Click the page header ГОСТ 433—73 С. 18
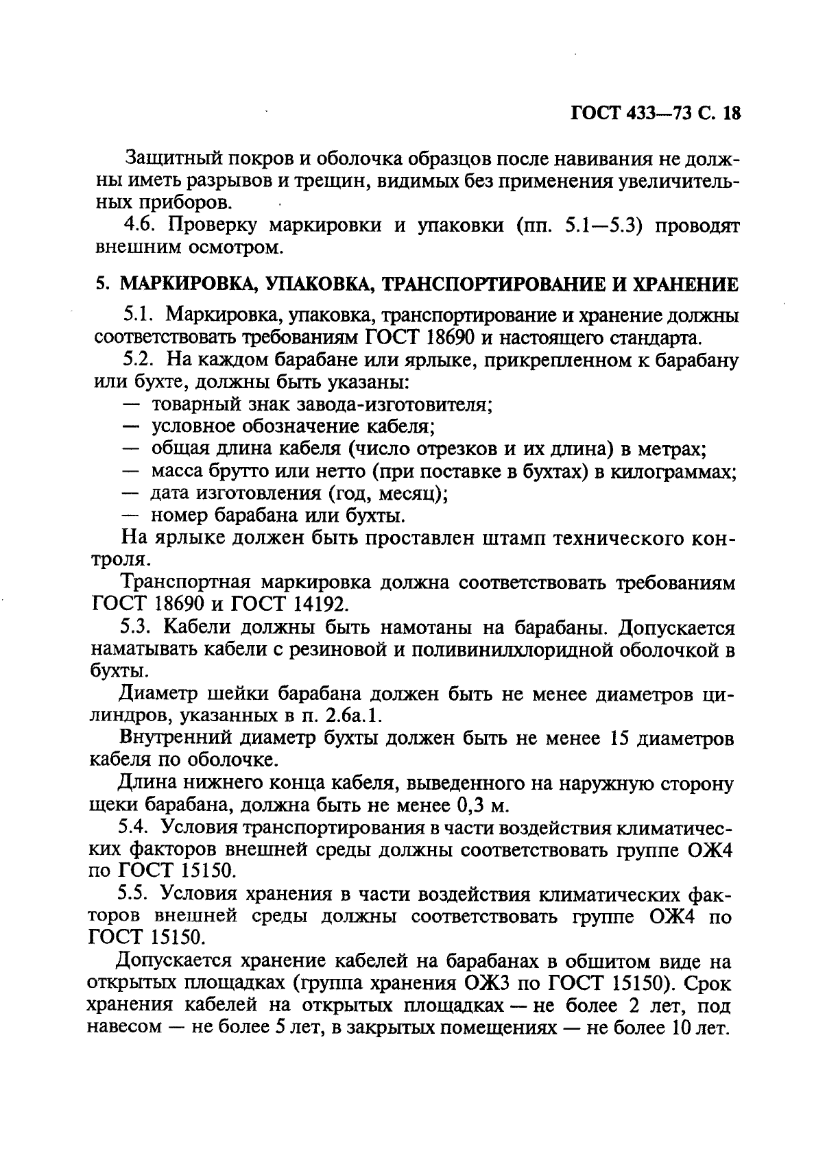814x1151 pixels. click(656, 114)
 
